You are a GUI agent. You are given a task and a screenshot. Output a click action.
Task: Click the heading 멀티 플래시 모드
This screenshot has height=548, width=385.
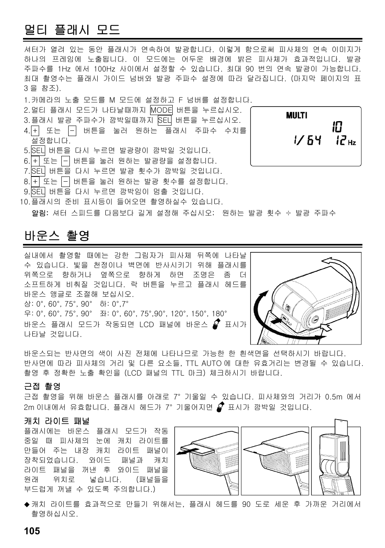pyautogui.click(x=72, y=29)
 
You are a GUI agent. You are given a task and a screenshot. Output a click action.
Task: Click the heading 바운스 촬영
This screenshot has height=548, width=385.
pyautogui.click(x=56, y=236)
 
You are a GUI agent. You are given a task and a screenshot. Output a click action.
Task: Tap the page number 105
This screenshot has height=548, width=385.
pyautogui.click(x=32, y=531)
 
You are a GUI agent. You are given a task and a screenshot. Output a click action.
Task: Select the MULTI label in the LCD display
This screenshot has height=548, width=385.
pyautogui.click(x=297, y=115)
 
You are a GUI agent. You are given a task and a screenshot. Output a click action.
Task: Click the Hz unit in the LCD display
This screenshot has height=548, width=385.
pyautogui.click(x=352, y=143)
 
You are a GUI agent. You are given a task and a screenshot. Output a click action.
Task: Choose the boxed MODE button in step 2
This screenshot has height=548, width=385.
pyautogui.click(x=161, y=110)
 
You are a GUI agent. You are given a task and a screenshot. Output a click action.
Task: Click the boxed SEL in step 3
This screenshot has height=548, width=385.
pyautogui.click(x=164, y=120)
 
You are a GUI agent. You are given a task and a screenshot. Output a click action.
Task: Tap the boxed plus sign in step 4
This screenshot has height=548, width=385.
pyautogui.click(x=36, y=131)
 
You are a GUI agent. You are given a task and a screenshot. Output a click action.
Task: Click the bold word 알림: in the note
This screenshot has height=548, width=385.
pyautogui.click(x=40, y=213)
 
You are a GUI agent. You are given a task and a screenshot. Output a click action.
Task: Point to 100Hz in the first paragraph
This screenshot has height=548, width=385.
pyautogui.click(x=105, y=69)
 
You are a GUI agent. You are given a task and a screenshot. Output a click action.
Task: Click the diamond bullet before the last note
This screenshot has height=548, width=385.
pyautogui.click(x=27, y=504)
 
